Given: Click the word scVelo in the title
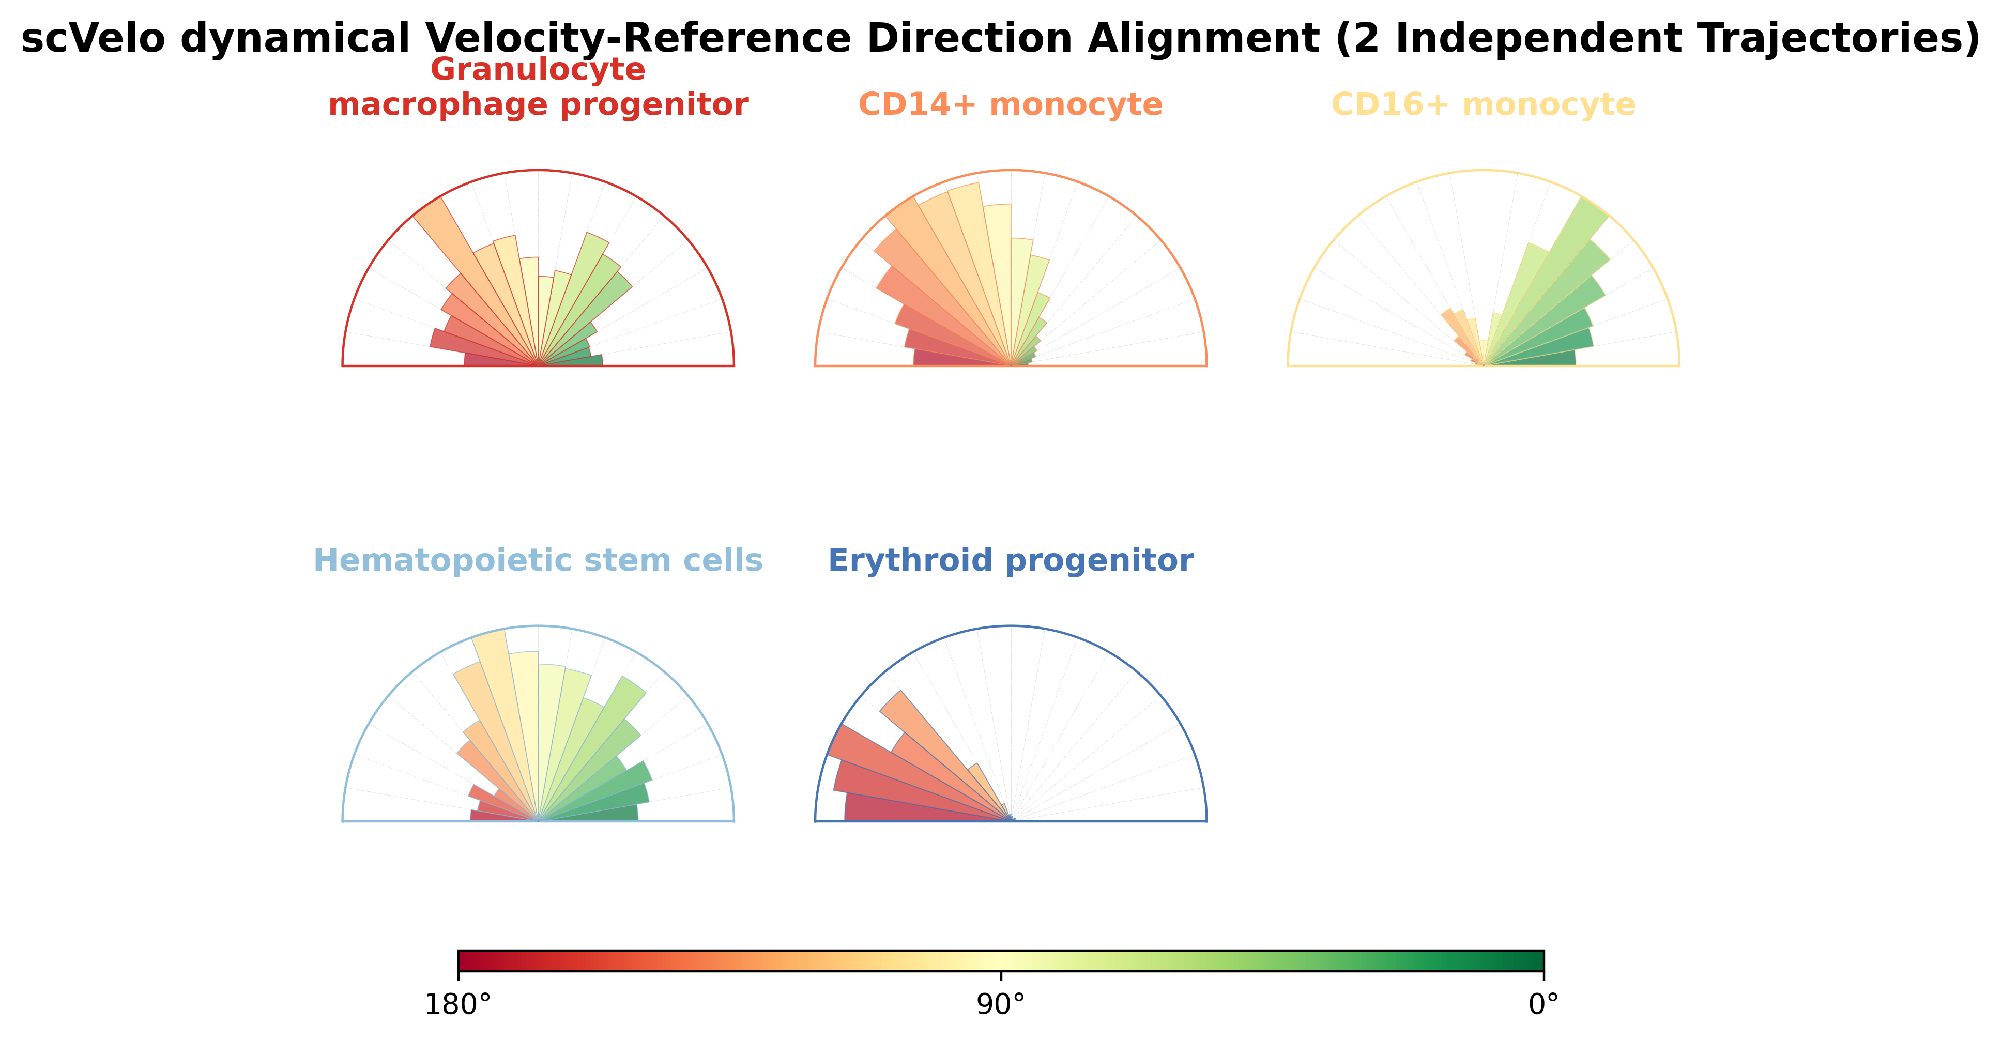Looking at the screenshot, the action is pos(93,39).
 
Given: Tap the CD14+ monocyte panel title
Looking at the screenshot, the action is pos(1011,104).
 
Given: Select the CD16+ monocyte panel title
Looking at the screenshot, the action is pos(1484,104).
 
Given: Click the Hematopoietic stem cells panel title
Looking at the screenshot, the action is pos(538,560).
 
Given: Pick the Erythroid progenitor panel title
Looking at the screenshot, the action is pos(1011,560).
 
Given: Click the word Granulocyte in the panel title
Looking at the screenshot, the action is pos(538,70).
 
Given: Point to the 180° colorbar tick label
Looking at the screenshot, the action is pos(458,1005).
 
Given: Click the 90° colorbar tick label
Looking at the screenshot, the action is pos(1001,1005).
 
